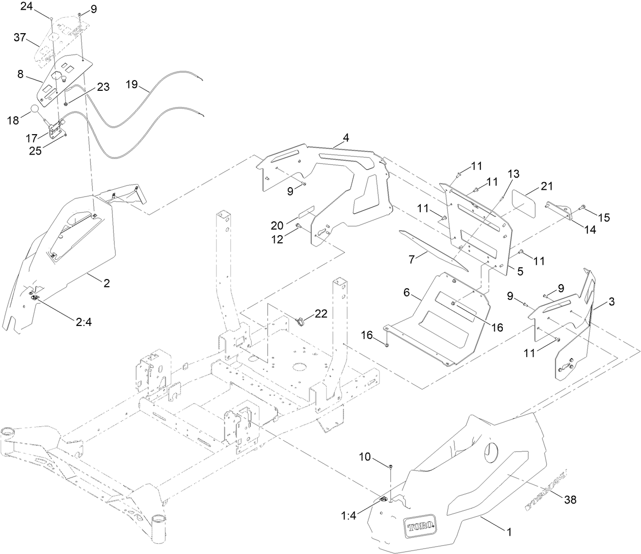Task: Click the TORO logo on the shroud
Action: point(420,527)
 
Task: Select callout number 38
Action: point(570,501)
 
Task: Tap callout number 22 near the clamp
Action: point(320,314)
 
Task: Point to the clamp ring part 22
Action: point(303,321)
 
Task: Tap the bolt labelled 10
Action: point(390,466)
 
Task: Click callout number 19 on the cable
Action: point(131,84)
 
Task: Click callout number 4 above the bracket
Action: point(346,137)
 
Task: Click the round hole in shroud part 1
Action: point(491,451)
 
